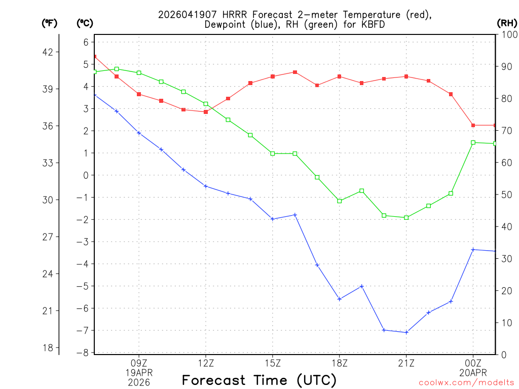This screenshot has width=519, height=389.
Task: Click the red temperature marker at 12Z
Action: click(x=206, y=112)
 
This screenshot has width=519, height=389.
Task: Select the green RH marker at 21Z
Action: click(x=406, y=218)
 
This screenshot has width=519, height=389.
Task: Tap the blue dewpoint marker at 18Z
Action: click(x=340, y=299)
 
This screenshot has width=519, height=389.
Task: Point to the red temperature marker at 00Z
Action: click(x=473, y=125)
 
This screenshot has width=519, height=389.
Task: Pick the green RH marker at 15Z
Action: click(x=273, y=153)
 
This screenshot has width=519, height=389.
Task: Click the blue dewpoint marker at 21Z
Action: click(x=406, y=332)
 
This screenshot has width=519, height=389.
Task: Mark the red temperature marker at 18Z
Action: click(x=340, y=76)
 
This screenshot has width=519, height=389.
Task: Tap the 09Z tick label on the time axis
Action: click(x=139, y=363)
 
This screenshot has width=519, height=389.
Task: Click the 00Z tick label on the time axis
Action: click(x=473, y=363)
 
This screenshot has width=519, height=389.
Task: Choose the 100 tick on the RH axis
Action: click(x=507, y=34)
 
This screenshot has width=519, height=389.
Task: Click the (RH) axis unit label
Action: click(x=507, y=23)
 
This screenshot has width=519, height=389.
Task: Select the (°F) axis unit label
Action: click(x=50, y=23)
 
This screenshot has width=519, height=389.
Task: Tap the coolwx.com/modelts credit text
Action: click(x=466, y=382)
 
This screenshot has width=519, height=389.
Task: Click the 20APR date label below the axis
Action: click(x=473, y=372)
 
